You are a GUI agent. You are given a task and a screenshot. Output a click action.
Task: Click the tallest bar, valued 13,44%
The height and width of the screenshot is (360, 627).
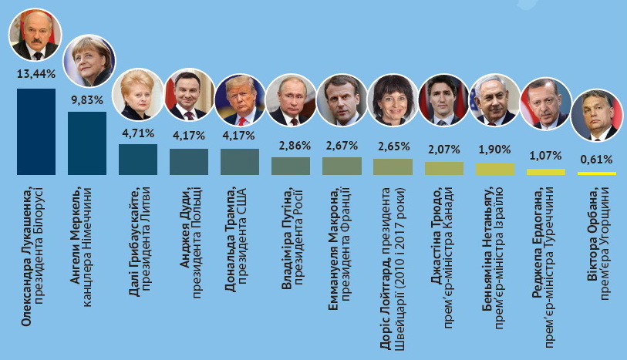pos(36,132)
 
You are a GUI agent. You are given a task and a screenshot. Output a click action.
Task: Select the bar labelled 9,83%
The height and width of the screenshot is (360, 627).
pos(87,143)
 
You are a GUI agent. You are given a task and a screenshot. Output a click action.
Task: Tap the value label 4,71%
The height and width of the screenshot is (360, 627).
pos(138,133)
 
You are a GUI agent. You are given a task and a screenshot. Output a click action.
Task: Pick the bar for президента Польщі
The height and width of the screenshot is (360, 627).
pos(189,162)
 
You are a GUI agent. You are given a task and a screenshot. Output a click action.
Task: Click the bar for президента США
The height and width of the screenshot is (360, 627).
pos(240,162)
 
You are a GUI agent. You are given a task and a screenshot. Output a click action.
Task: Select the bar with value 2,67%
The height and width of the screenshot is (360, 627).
pos(342,167)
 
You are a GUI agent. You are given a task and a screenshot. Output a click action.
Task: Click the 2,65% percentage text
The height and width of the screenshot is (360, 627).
pos(393,146)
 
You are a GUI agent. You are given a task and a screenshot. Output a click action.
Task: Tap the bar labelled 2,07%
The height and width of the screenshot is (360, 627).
pos(444,168)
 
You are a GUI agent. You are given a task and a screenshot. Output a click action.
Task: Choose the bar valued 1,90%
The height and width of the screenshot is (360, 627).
pos(495,169)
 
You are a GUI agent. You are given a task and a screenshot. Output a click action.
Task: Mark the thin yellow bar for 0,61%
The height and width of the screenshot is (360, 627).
pos(597,173)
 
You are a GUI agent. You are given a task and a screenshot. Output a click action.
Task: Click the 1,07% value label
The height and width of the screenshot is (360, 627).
pos(546,156)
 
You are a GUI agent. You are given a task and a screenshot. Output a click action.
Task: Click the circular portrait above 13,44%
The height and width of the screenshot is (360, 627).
pos(35,35)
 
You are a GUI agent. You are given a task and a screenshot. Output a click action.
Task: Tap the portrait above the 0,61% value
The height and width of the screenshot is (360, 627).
pos(597,116)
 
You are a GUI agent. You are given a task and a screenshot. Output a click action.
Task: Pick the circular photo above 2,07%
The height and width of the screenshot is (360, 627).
pos(444,99)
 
